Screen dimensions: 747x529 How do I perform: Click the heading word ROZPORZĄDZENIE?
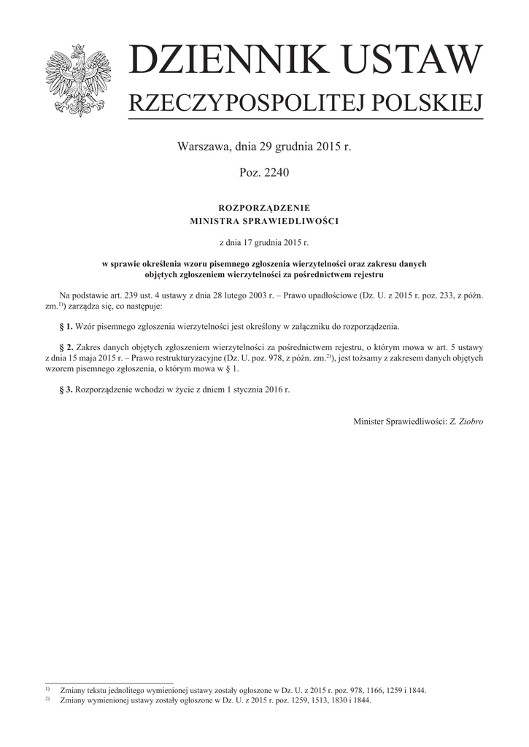point(264,208)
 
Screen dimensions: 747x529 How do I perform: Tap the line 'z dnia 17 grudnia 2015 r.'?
point(264,241)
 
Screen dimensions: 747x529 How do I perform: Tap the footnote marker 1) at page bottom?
point(47,689)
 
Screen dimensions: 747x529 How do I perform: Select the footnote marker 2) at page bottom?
point(47,700)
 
